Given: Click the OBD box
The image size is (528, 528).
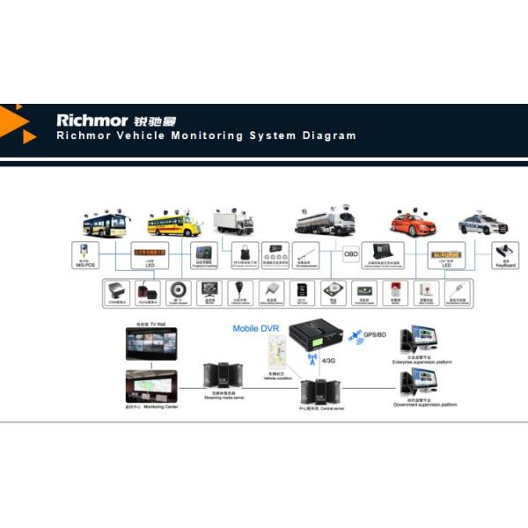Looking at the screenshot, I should pos(351,255).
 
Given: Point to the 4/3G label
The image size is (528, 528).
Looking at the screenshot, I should pos(329,360).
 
